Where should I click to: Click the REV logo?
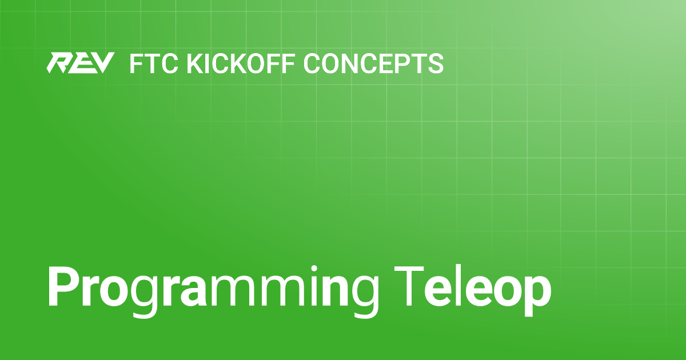[x=80, y=63]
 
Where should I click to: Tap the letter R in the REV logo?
[x=59, y=63]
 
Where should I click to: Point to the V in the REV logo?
[x=102, y=63]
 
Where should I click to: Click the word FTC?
[x=154, y=63]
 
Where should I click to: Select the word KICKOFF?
[x=241, y=63]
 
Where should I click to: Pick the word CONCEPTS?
[x=373, y=63]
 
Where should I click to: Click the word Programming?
[x=213, y=290]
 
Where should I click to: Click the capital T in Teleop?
[x=409, y=286]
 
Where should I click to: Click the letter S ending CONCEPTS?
[x=435, y=63]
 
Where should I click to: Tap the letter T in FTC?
[x=152, y=63]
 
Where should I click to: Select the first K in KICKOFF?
[x=196, y=63]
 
